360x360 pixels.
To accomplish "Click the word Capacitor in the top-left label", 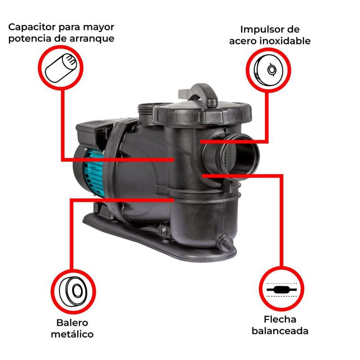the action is pyautogui.click(x=32, y=27).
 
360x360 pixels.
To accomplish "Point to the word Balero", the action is pyautogui.click(x=72, y=323).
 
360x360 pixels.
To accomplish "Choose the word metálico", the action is pyautogui.click(x=72, y=334).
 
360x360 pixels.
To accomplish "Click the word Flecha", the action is pyautogui.click(x=280, y=319).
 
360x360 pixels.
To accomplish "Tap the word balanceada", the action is pyautogui.click(x=280, y=331).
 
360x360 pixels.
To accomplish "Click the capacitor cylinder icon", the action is pyautogui.click(x=61, y=68).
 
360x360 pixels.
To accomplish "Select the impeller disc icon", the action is pyautogui.click(x=268, y=70).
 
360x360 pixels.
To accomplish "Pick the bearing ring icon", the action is pyautogui.click(x=73, y=291).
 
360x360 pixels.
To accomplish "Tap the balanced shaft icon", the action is pyautogui.click(x=282, y=290).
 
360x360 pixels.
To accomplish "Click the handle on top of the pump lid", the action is pyautogui.click(x=199, y=95).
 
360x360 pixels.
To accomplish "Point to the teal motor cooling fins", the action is pyautogui.click(x=94, y=173).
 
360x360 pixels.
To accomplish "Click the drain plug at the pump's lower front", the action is pyautogui.click(x=226, y=243).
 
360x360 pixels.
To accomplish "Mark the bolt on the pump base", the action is pyautogui.click(x=163, y=229).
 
